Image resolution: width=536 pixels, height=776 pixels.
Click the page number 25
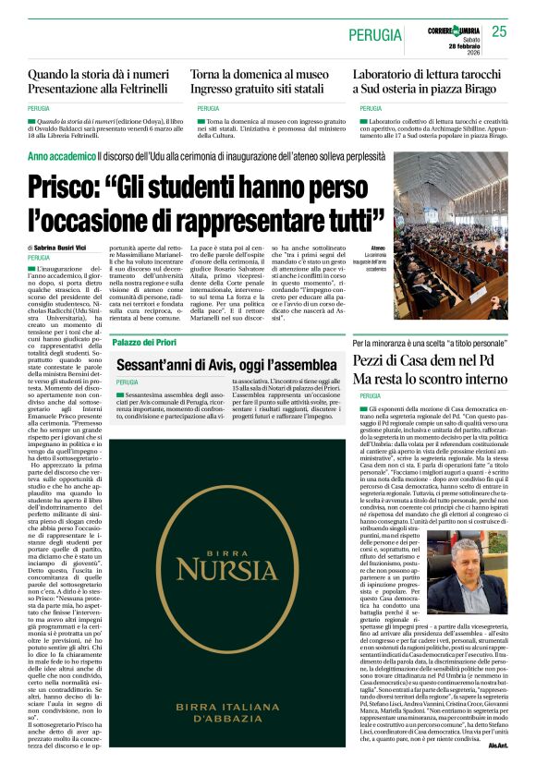point(500,31)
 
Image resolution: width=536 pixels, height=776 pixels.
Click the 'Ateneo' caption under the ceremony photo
point(379,249)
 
